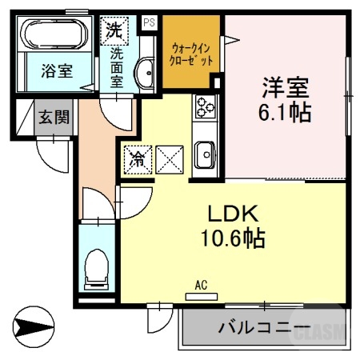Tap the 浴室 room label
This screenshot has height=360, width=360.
(x=57, y=70)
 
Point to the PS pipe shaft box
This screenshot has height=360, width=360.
(x=148, y=23)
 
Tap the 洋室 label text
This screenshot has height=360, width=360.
(x=285, y=85)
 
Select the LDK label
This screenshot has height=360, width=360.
(x=231, y=214)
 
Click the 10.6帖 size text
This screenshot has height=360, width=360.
(x=232, y=238)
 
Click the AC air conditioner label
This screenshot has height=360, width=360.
(x=201, y=286)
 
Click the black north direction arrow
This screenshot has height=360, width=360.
(x=34, y=327)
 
